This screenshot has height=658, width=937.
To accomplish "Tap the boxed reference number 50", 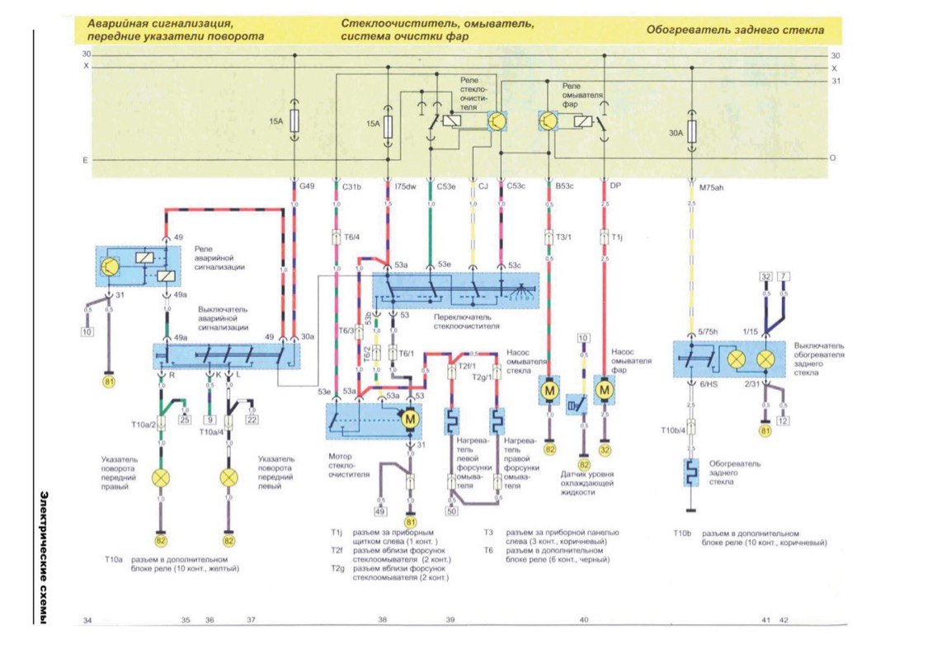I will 451,512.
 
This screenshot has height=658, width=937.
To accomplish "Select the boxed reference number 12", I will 784,421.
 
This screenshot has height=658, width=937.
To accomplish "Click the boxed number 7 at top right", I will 784,276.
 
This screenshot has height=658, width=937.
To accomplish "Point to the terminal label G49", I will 307,187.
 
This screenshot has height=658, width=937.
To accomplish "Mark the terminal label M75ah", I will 710,187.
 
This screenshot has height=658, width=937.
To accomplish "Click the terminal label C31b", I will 352,187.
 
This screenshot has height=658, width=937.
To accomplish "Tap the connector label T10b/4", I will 674,430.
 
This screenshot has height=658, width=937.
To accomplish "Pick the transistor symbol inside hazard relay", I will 110,266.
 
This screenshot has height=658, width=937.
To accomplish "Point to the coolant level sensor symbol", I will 576,406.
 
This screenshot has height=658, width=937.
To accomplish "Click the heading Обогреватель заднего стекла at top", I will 734,31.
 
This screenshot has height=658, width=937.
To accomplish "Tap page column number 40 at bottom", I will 584,618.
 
